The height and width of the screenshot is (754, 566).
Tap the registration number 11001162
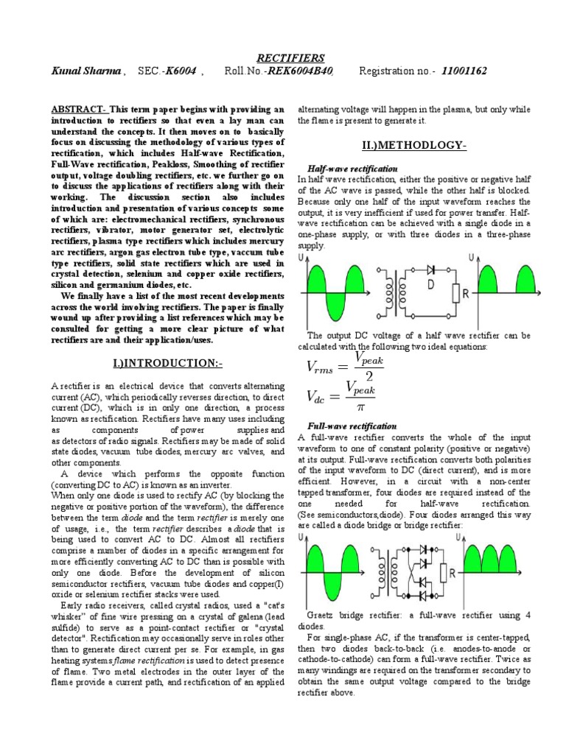pos(464,71)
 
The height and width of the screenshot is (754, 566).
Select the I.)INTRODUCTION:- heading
pos(168,364)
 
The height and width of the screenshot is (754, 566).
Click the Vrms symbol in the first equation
pos(323,367)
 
